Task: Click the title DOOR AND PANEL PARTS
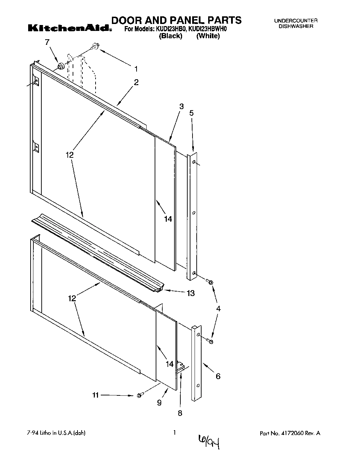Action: point(176,20)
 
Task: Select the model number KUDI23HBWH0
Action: point(208,29)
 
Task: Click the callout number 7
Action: point(47,42)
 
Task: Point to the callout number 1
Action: point(136,68)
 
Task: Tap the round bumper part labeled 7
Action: point(62,66)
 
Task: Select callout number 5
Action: point(191,113)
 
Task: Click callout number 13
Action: point(190,293)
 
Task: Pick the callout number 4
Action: point(218,309)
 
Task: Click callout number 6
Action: point(218,376)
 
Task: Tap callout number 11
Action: point(96,395)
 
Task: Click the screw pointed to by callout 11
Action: point(140,395)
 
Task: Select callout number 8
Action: point(180,413)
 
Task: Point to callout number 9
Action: point(159,403)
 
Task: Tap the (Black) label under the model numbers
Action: point(170,36)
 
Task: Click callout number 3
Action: point(181,107)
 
